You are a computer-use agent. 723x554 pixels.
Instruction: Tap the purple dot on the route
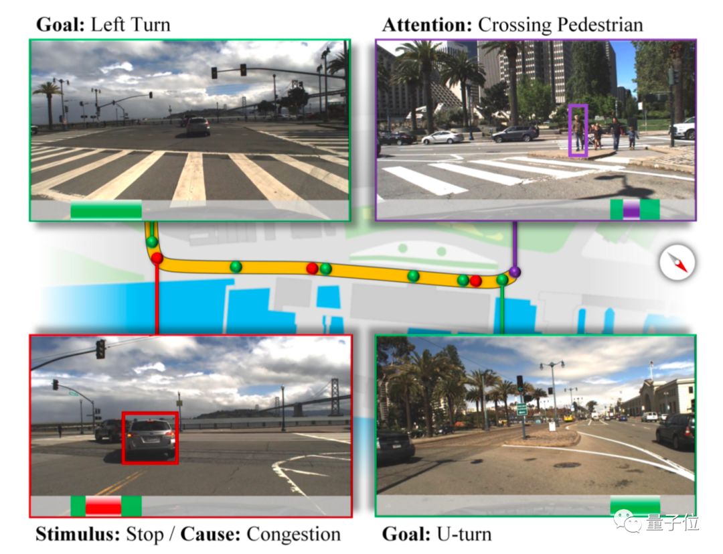(x=514, y=271)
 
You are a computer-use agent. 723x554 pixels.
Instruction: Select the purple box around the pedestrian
(x=578, y=131)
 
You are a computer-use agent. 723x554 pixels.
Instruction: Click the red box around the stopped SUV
(x=151, y=437)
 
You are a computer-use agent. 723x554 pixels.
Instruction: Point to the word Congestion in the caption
(x=293, y=535)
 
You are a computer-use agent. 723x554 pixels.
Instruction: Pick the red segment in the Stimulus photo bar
(x=103, y=505)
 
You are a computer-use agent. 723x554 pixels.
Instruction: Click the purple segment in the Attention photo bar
(x=631, y=209)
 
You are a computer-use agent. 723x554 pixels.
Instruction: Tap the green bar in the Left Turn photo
(x=106, y=210)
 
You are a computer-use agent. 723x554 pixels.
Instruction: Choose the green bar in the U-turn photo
(x=635, y=505)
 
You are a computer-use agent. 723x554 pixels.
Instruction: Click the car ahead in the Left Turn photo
(x=198, y=125)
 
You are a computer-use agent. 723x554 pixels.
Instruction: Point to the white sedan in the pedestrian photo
(x=443, y=137)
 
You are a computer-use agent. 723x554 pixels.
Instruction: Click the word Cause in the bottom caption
(x=211, y=535)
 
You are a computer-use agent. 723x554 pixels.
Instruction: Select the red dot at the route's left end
(x=157, y=258)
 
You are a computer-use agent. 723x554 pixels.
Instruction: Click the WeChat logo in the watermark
(x=632, y=522)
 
